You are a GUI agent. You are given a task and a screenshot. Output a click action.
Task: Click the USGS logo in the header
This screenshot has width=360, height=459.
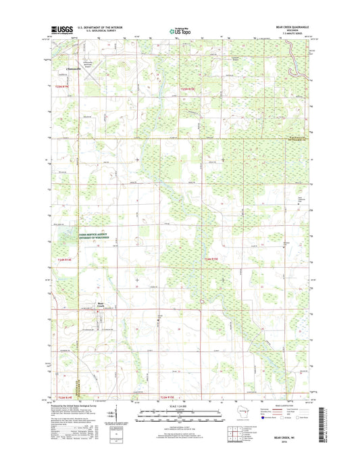(x=61, y=29)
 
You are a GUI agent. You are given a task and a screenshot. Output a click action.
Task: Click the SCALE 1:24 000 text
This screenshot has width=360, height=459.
(x=180, y=405)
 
